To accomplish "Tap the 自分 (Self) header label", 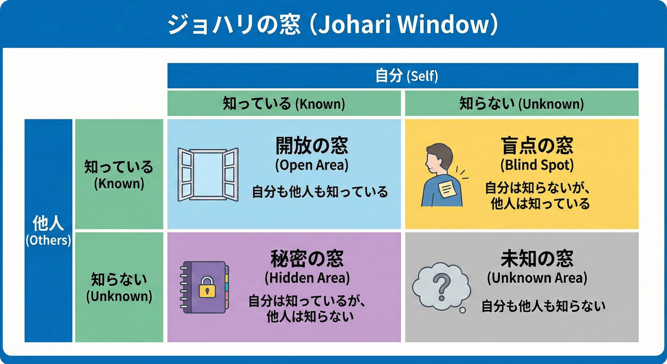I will tap(406, 76).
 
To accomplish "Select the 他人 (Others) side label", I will tap(48, 230).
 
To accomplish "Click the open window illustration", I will tap(208, 174).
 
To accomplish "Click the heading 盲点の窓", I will tap(537, 146).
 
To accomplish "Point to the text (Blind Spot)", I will tap(537, 165).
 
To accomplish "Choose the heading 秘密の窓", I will tap(307, 259).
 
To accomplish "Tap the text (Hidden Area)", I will tap(307, 278).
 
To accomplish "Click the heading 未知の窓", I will tap(537, 259).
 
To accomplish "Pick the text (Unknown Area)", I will tap(537, 278).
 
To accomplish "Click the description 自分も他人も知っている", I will tap(320, 192).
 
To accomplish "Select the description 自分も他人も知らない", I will tap(543, 306).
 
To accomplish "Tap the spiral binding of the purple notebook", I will tap(184, 287).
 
